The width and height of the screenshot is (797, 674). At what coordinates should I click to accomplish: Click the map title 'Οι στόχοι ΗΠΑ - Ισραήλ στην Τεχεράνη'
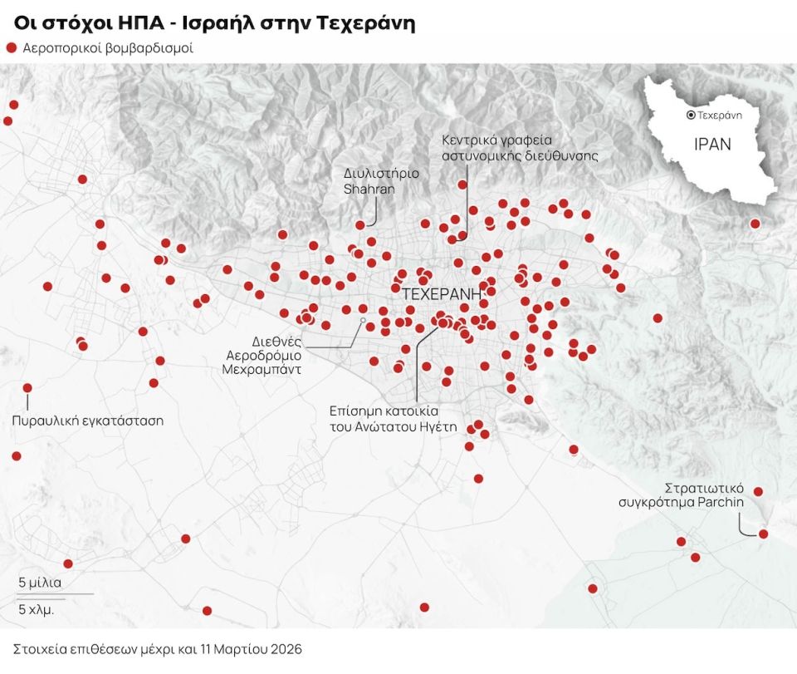pos(214,23)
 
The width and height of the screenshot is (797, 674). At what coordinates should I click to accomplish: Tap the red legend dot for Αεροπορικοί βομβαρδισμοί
pos(12,48)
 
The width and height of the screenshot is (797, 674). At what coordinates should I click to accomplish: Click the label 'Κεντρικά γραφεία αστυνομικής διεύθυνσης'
pos(520,147)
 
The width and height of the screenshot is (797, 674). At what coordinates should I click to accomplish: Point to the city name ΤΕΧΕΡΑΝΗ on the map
pos(442,294)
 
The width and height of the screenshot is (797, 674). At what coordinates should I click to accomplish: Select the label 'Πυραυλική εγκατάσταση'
pos(87,421)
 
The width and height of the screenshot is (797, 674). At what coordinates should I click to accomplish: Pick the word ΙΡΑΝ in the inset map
pos(712,145)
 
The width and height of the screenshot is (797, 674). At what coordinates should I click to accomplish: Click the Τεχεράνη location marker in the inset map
pos(691,116)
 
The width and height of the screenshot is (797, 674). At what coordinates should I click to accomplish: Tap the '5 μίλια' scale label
pos(40,582)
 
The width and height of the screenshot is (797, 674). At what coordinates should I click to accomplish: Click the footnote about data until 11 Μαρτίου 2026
pos(158,648)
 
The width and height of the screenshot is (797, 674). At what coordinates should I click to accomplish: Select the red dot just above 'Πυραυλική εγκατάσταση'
pos(27,388)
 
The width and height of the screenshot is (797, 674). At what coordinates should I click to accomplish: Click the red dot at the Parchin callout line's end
pos(764,534)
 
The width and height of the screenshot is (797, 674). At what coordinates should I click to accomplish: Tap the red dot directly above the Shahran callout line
pos(360,225)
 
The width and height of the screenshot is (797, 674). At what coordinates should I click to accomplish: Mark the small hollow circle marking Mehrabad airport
pos(363,320)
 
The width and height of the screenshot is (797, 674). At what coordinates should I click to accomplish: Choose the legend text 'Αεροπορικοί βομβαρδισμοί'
pos(109,48)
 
